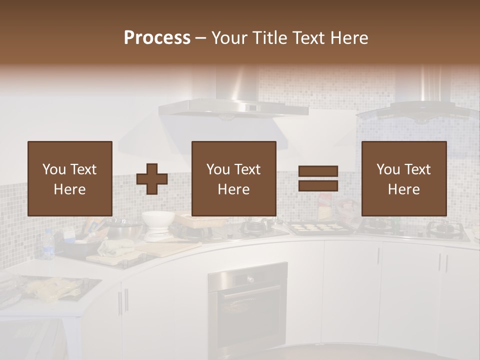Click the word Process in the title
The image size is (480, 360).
[x=157, y=38]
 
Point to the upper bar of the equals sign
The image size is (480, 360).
[x=318, y=171]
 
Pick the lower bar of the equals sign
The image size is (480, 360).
[x=318, y=186]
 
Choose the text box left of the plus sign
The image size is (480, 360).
[x=70, y=178]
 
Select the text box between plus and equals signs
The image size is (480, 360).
[x=234, y=178]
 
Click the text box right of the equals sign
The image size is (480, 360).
[x=404, y=178]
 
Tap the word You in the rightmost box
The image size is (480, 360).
[x=388, y=169]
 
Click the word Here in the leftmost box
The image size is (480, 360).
[x=69, y=189]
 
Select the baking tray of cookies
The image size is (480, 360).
[x=313, y=228]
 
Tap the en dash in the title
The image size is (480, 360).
[x=201, y=38]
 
